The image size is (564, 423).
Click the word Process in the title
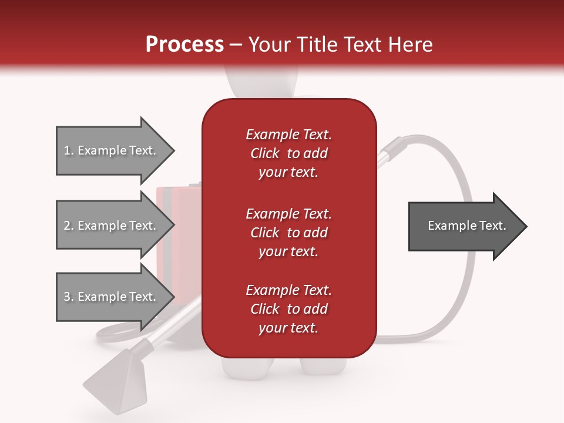(184, 44)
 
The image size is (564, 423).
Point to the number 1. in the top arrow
(69, 150)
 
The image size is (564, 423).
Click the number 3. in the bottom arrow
(69, 297)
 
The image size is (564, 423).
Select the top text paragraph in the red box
(288, 153)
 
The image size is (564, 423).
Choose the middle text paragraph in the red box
(288, 232)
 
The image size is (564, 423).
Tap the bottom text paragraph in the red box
(288, 308)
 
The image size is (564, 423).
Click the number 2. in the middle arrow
(69, 226)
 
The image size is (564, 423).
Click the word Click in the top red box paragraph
(265, 153)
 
